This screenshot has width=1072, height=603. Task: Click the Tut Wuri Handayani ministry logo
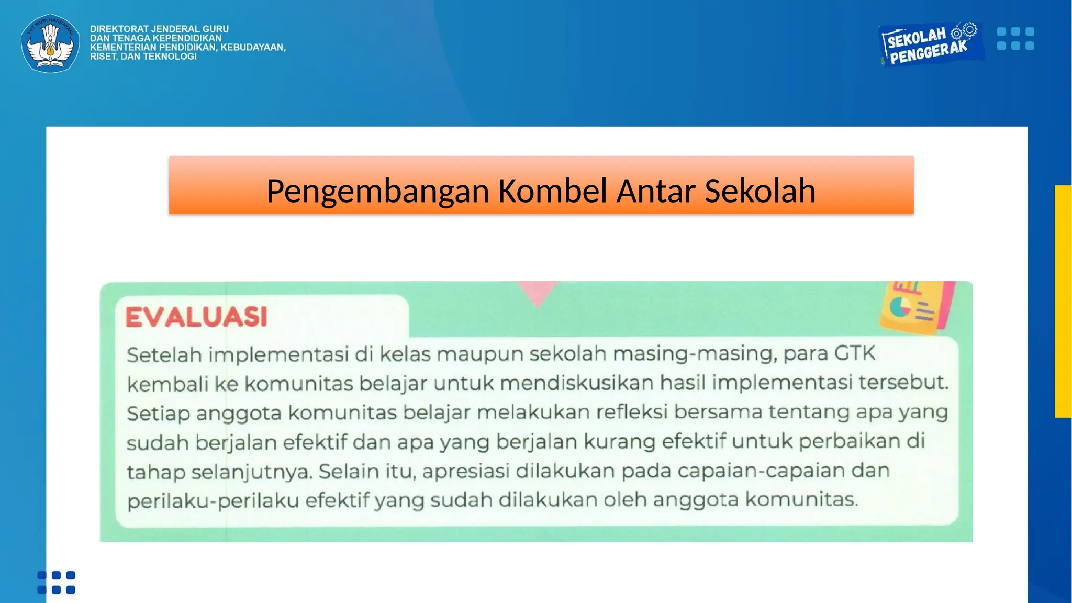point(50,43)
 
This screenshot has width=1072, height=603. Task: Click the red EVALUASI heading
point(196,317)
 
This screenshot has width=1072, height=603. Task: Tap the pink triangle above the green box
point(538,293)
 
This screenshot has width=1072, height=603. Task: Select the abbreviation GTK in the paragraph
point(854,353)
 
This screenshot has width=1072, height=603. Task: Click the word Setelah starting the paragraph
point(164,355)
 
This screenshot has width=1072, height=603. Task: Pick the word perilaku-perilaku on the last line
point(213,501)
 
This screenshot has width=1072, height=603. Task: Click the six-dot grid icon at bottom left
point(56,582)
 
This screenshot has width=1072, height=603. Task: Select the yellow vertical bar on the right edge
point(1063,301)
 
